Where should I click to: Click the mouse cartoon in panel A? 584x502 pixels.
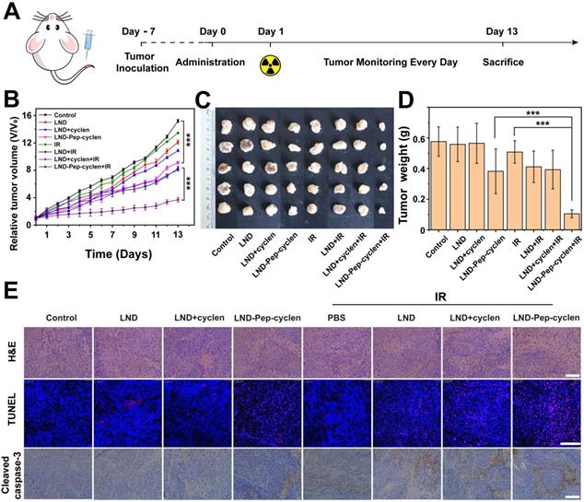click(55, 47)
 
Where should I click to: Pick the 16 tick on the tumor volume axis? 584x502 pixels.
click(28, 116)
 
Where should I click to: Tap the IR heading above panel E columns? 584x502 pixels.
click(442, 295)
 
